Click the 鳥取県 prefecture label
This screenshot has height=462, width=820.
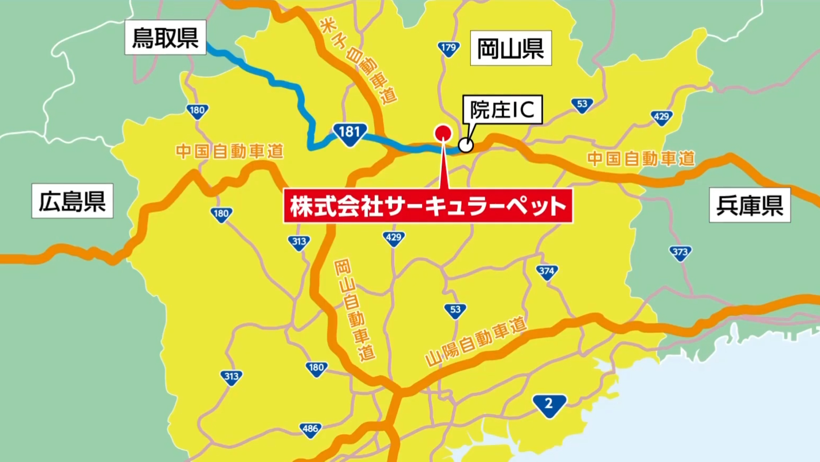(x=165, y=37)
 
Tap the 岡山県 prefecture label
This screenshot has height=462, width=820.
(x=510, y=48)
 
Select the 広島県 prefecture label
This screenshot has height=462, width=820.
(x=72, y=201)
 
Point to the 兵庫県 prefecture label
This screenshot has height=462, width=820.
(x=750, y=205)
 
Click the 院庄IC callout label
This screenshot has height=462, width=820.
(x=502, y=110)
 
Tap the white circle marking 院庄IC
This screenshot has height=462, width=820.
(x=466, y=145)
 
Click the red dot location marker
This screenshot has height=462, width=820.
(x=443, y=133)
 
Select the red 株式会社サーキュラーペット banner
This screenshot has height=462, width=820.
(x=428, y=206)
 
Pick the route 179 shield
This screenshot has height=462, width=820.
(x=449, y=48)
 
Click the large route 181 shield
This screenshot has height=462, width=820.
(x=350, y=133)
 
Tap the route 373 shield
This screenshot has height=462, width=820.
(x=680, y=253)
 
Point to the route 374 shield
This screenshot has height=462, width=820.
(x=547, y=272)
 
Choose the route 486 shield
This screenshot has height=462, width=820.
(x=310, y=429)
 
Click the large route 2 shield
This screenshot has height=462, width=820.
(x=549, y=405)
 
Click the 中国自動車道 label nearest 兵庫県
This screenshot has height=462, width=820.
(x=641, y=159)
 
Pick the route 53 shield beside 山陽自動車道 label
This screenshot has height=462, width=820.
(x=455, y=310)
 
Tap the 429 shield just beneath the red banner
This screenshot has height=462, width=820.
(x=394, y=238)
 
